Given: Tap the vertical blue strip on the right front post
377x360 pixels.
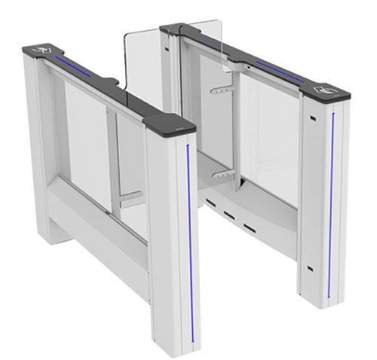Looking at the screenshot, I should click(331, 203).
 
